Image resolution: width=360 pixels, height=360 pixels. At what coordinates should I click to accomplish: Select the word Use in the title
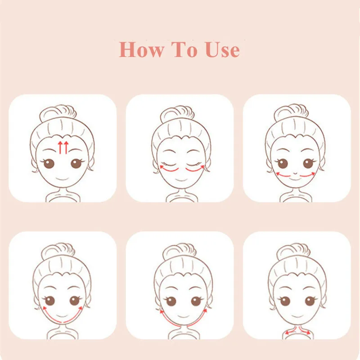(x=222, y=49)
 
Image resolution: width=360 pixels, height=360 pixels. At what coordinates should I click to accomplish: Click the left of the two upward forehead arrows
(x=59, y=147)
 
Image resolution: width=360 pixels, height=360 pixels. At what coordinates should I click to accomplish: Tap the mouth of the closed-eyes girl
(x=180, y=179)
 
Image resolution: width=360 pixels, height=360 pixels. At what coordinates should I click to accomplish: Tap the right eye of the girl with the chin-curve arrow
(x=74, y=300)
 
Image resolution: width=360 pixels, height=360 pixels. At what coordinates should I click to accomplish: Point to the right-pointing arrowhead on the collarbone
(x=307, y=333)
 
